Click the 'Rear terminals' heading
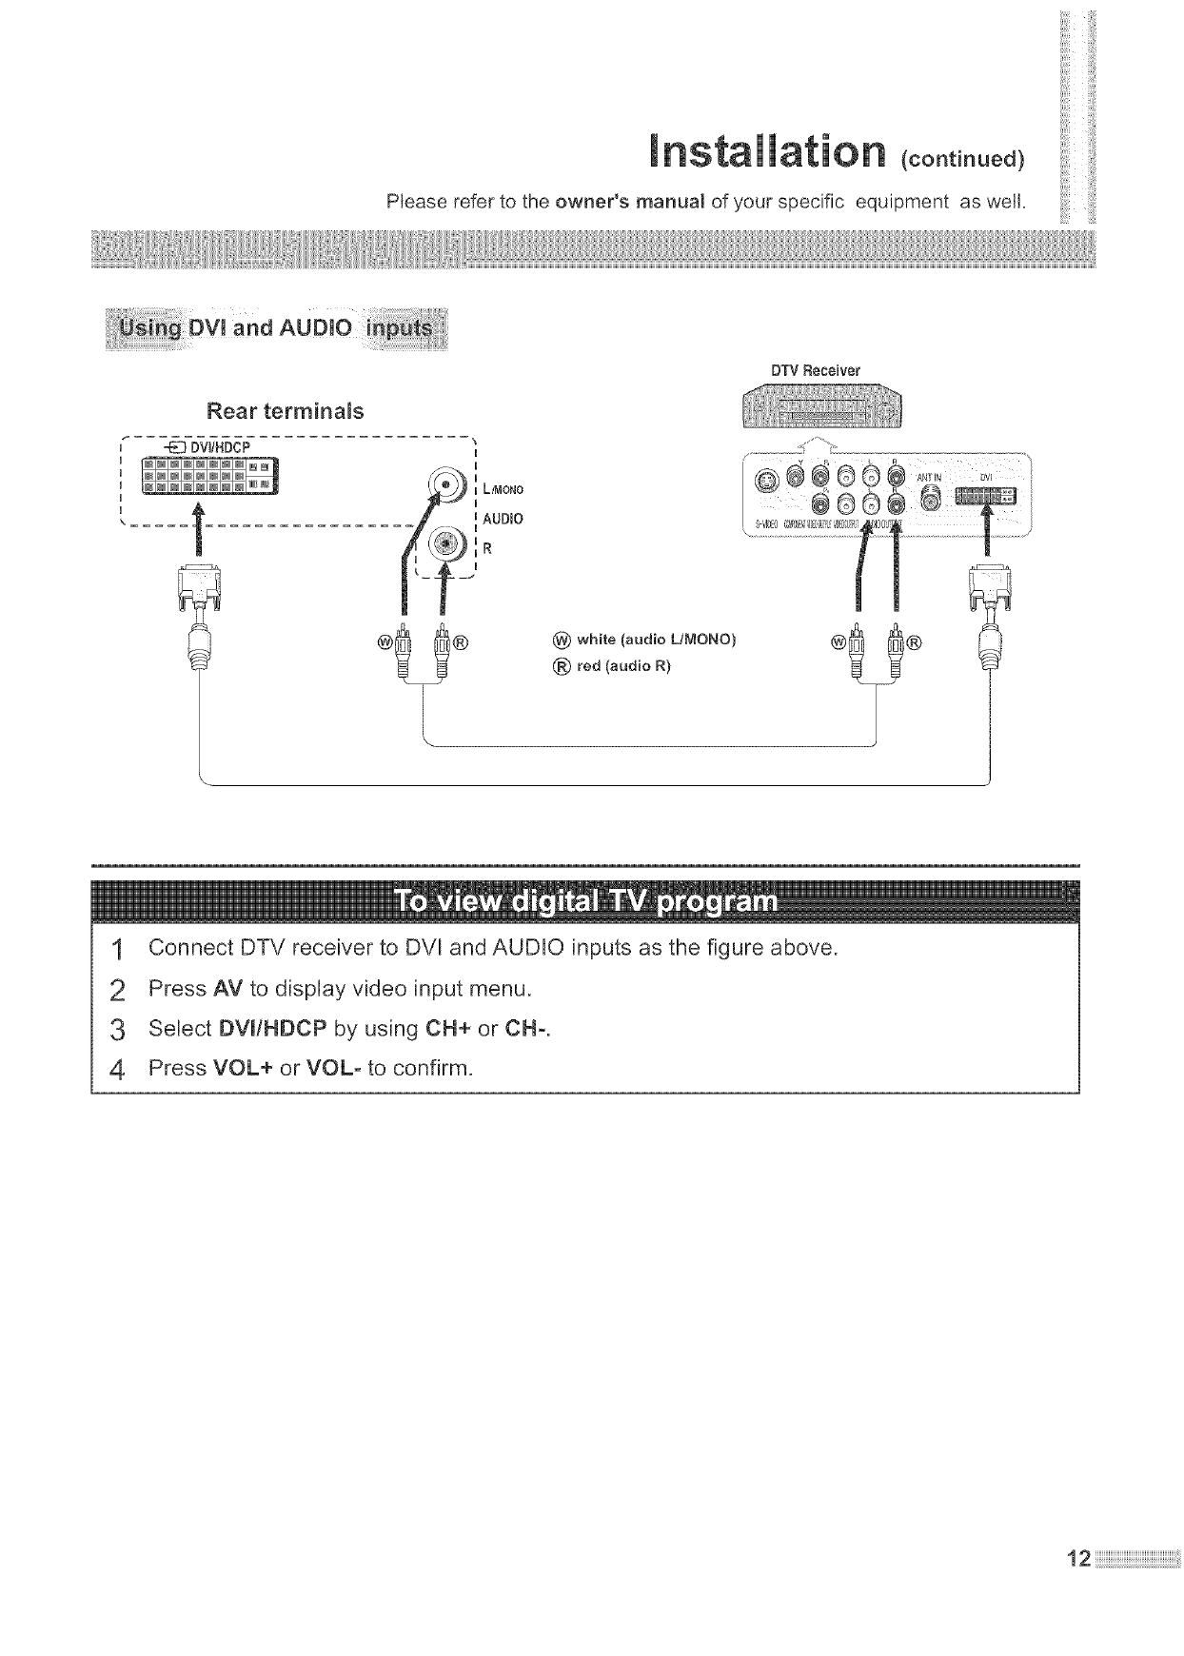(x=285, y=412)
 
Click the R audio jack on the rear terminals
(x=445, y=544)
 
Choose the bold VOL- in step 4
(x=334, y=1068)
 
